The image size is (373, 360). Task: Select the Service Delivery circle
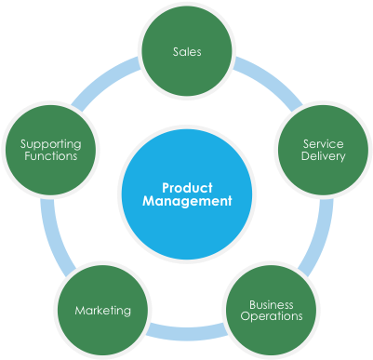323,149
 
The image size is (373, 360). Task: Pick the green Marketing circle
102,310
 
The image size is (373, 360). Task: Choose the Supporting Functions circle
50,149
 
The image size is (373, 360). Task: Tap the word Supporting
50,143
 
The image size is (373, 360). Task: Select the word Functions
50,156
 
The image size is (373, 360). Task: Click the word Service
323,143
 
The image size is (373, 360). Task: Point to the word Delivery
323,156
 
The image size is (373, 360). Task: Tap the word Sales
186,51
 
